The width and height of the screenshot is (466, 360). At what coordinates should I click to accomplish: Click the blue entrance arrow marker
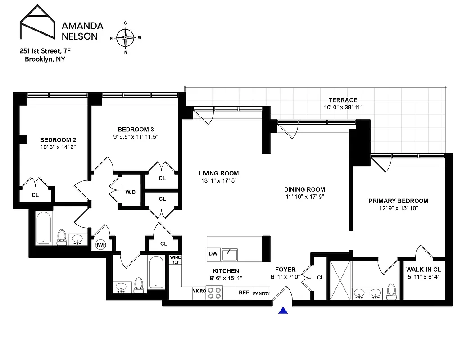tap(283, 310)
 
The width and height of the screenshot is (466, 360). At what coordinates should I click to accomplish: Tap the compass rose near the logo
tap(126, 37)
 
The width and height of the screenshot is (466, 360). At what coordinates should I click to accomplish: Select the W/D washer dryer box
tap(131, 192)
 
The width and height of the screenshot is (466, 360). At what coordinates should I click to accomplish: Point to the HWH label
tap(100, 245)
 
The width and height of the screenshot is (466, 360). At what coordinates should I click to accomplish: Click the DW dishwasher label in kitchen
tap(213, 254)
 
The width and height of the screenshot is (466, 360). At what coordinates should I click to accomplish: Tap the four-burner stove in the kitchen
tap(214, 292)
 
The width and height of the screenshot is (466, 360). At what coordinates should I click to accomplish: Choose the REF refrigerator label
tap(244, 292)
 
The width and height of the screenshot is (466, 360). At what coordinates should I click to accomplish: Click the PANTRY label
tap(261, 293)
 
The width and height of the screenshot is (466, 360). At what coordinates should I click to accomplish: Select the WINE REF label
tap(174, 260)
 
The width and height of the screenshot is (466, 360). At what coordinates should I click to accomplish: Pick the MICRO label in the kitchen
tap(199, 291)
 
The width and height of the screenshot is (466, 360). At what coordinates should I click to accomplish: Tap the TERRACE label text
tap(343, 100)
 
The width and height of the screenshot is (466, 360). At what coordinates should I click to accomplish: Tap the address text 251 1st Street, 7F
tap(45, 51)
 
